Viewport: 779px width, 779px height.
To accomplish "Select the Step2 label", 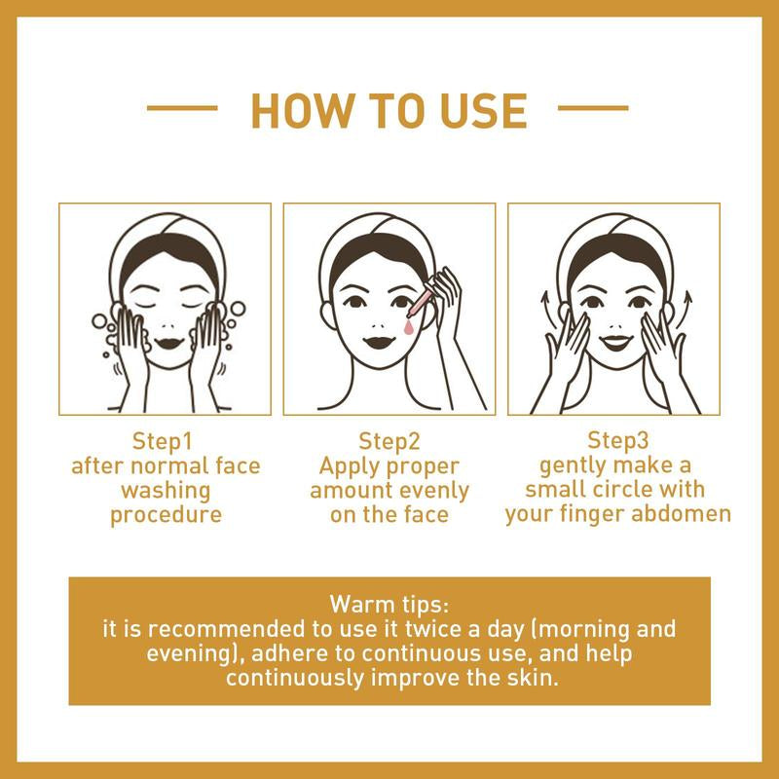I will pos(389,439).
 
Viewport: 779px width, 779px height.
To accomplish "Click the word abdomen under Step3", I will pos(683,513).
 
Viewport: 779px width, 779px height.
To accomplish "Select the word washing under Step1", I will pos(166,490).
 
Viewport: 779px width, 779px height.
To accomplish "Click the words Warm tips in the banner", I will pos(389,596).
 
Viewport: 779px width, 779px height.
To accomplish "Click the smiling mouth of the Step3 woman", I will pos(614,342).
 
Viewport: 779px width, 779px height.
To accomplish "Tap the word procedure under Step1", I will pos(166,514).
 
